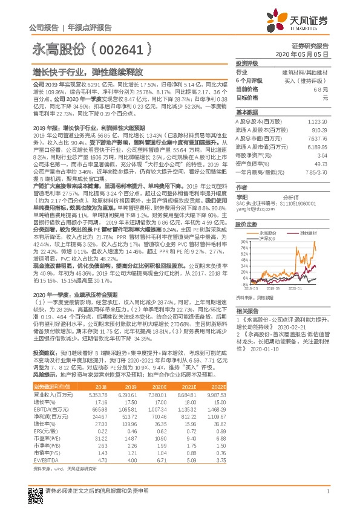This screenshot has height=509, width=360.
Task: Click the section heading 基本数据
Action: (x=247, y=112)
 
